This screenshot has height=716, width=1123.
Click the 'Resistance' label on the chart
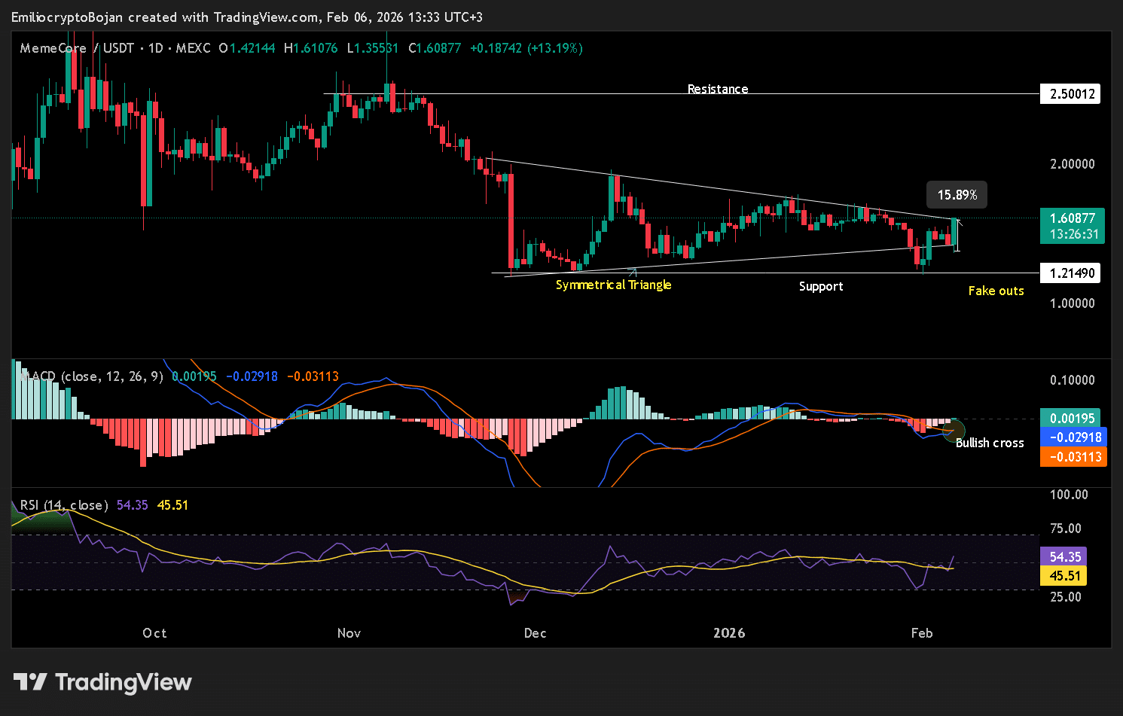[x=717, y=89]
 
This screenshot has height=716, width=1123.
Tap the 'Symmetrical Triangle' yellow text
[x=613, y=285]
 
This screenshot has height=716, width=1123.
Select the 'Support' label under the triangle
[x=820, y=286]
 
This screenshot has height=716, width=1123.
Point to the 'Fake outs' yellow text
[x=996, y=291]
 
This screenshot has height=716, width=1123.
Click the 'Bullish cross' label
[x=989, y=443]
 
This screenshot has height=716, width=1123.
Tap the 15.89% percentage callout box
[x=957, y=195]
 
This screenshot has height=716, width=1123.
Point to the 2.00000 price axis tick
[x=1072, y=164]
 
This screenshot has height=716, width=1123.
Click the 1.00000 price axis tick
[x=1072, y=303]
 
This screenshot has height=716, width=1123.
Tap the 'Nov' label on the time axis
[x=349, y=633]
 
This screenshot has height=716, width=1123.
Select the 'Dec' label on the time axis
[x=535, y=633]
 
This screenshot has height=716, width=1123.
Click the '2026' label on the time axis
[x=729, y=633]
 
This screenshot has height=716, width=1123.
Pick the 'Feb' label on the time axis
[x=921, y=633]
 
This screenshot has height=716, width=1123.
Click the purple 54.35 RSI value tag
[x=1065, y=556]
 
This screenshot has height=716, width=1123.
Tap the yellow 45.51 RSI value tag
[x=1065, y=576]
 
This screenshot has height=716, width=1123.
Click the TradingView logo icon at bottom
[x=30, y=682]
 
